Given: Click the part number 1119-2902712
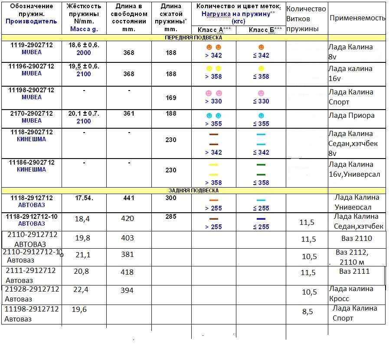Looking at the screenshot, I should point(31,44).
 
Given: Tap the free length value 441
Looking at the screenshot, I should point(129,198).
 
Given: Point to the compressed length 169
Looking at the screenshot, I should point(171,98).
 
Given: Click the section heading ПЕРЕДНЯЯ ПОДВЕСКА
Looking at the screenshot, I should point(193,38).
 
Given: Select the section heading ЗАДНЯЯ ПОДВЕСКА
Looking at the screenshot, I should point(193,190).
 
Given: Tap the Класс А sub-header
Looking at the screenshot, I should point(213,29).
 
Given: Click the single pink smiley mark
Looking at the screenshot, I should point(261,93).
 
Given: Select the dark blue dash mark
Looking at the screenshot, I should point(261,219).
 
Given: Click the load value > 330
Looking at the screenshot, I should point(213,101).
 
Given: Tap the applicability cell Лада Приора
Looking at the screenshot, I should point(351,115).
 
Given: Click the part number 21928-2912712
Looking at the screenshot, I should point(32,289).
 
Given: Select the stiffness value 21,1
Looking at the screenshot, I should point(82,255).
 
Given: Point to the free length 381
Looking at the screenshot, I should point(127,254).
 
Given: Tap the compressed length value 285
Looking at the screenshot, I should point(171,217).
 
